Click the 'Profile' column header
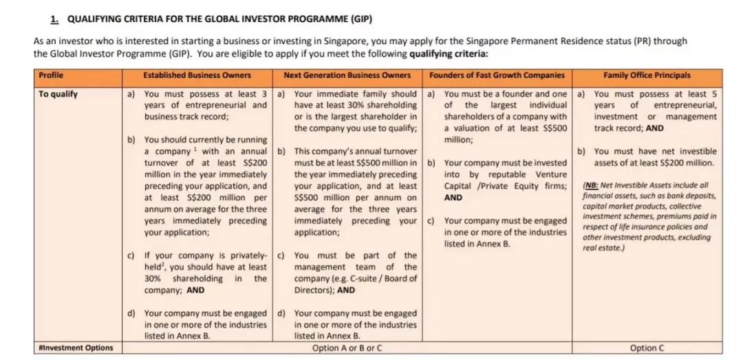coord(50,75)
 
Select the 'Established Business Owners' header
coord(197,75)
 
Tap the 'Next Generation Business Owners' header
coord(347,75)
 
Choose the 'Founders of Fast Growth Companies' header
coord(497,75)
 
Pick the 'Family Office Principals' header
coord(647,75)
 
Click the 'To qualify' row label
coord(58,94)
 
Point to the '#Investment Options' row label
coord(76,348)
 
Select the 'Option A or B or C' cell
coord(347,348)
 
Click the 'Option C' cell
coord(647,348)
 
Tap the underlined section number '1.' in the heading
coord(54,19)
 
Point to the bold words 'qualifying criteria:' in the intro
coord(449,54)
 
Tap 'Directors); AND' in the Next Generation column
coord(325,290)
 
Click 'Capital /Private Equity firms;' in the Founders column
coord(505,186)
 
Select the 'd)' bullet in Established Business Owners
coord(131,313)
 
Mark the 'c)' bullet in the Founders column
coord(431,221)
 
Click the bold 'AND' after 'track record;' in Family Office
coord(655,128)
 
